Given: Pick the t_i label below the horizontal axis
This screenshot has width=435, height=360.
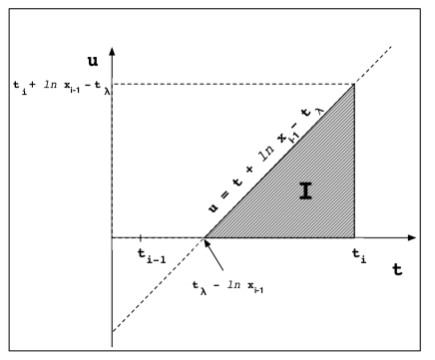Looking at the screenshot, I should pos(360,256).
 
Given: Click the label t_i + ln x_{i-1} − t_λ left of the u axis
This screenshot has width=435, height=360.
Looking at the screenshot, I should pos(61,87).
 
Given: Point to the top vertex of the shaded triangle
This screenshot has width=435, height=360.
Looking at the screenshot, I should pos(355,86).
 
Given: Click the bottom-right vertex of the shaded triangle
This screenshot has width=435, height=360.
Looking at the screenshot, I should pos(355,239).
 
